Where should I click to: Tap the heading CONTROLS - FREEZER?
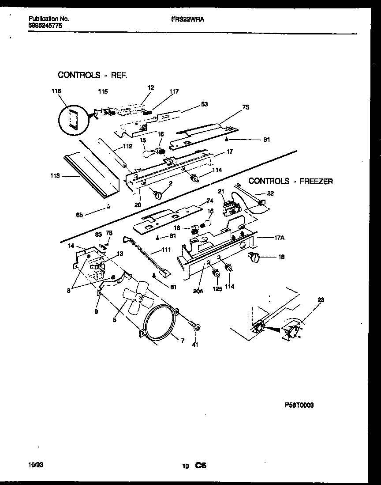tap(291, 181)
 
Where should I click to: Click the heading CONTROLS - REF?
tap(93, 75)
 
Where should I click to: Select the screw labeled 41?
tap(195, 327)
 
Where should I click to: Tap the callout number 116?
tap(56, 91)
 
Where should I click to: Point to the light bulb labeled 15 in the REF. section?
tap(149, 153)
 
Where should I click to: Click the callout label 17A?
tap(279, 237)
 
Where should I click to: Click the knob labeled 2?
tap(157, 193)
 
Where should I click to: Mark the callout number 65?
tap(79, 215)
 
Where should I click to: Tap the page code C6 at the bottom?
tap(201, 466)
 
